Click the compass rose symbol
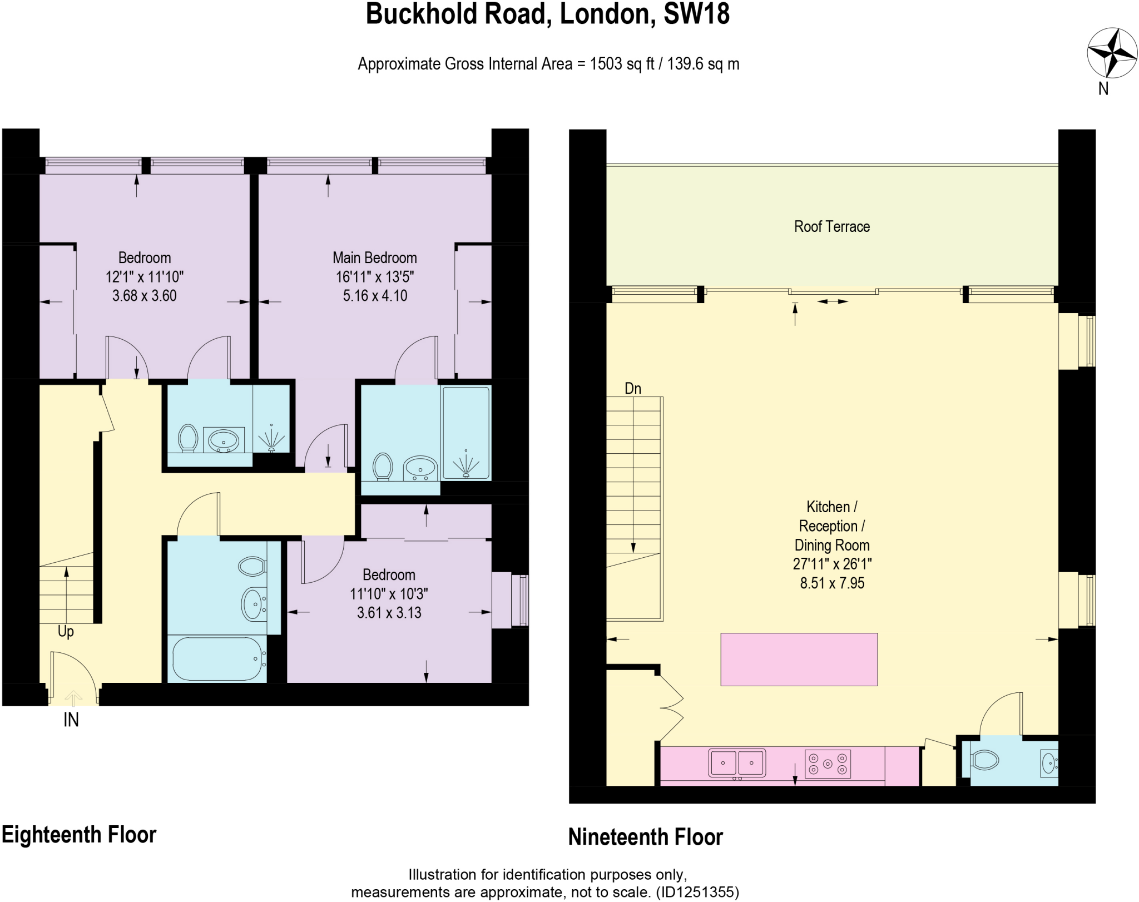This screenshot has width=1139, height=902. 1112,53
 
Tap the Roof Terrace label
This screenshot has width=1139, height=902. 831,227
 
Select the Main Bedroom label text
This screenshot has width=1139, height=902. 374,258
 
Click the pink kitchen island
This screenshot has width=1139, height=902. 799,659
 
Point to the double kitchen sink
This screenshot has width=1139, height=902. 737,762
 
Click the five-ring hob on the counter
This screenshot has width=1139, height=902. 828,764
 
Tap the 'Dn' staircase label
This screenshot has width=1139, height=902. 633,388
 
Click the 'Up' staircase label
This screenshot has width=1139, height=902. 66,631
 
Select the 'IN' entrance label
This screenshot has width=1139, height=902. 71,720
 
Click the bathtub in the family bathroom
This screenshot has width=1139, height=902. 217,659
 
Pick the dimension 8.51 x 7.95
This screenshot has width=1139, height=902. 832,583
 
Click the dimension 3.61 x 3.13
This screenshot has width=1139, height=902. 389,613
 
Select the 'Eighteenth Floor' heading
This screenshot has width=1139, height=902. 79,835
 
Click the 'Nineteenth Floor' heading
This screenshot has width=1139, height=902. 645,837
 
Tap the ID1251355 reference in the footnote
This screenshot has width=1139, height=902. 697,892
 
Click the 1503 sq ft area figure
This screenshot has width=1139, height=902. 622,64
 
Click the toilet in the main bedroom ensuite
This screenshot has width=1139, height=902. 383,466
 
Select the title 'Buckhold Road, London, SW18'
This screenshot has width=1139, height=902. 547,14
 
